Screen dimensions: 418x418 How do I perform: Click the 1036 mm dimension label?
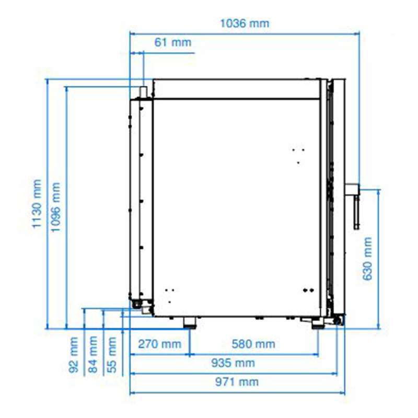[245, 24]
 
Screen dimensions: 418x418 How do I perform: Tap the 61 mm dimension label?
[173, 42]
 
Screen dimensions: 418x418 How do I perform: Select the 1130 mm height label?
[37, 204]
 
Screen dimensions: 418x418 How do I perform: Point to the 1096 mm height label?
[55, 207]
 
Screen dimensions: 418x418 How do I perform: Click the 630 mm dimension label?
[367, 259]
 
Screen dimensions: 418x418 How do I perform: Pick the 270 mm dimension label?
[160, 344]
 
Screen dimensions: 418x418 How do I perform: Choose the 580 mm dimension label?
[253, 344]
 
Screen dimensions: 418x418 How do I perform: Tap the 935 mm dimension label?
[233, 363]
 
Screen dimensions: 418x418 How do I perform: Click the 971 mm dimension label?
[237, 382]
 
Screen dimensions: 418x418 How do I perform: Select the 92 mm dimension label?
[74, 355]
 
